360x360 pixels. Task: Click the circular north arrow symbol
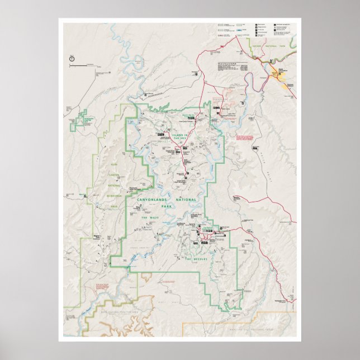pos(72,58)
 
